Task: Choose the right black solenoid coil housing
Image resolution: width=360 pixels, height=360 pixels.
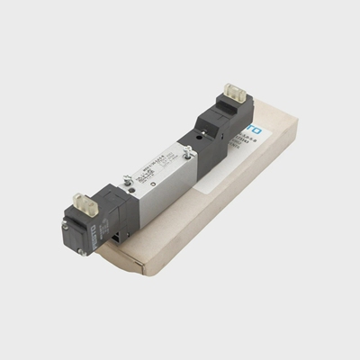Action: tap(223, 119)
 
